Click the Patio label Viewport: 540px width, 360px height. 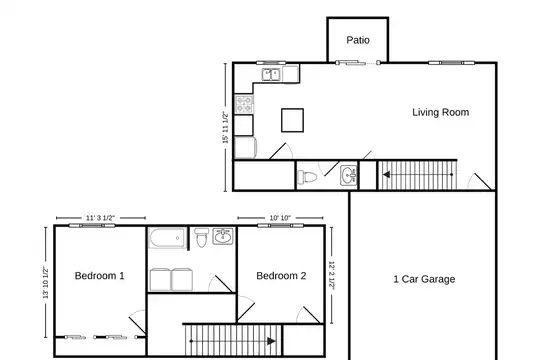coord(358,40)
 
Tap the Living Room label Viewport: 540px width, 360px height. coord(440,112)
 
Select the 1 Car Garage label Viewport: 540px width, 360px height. coord(424,279)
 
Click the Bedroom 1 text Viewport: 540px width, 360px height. coord(100,276)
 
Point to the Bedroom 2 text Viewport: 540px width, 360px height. coord(281,276)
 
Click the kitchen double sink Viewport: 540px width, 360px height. coord(271,74)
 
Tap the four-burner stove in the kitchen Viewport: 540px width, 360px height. coord(244,104)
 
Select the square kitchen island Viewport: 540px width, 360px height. coord(292,120)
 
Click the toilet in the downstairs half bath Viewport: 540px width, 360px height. coord(307,177)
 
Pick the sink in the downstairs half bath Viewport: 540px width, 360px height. coord(349,176)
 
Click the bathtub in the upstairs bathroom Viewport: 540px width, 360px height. coord(167,238)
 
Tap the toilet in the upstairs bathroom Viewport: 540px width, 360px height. coord(201,237)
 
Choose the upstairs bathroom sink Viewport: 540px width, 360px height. coord(223,236)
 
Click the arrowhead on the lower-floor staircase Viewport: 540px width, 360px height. coord(386,175)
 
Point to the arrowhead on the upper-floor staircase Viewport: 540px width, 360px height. coord(271,341)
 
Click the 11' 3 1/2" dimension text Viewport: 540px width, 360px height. coord(100,218)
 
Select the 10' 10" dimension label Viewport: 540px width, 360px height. coord(280,218)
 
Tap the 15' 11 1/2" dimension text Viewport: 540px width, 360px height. coord(225,127)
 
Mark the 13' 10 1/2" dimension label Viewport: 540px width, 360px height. coord(45,282)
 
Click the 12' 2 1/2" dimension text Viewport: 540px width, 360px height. coord(332,275)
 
